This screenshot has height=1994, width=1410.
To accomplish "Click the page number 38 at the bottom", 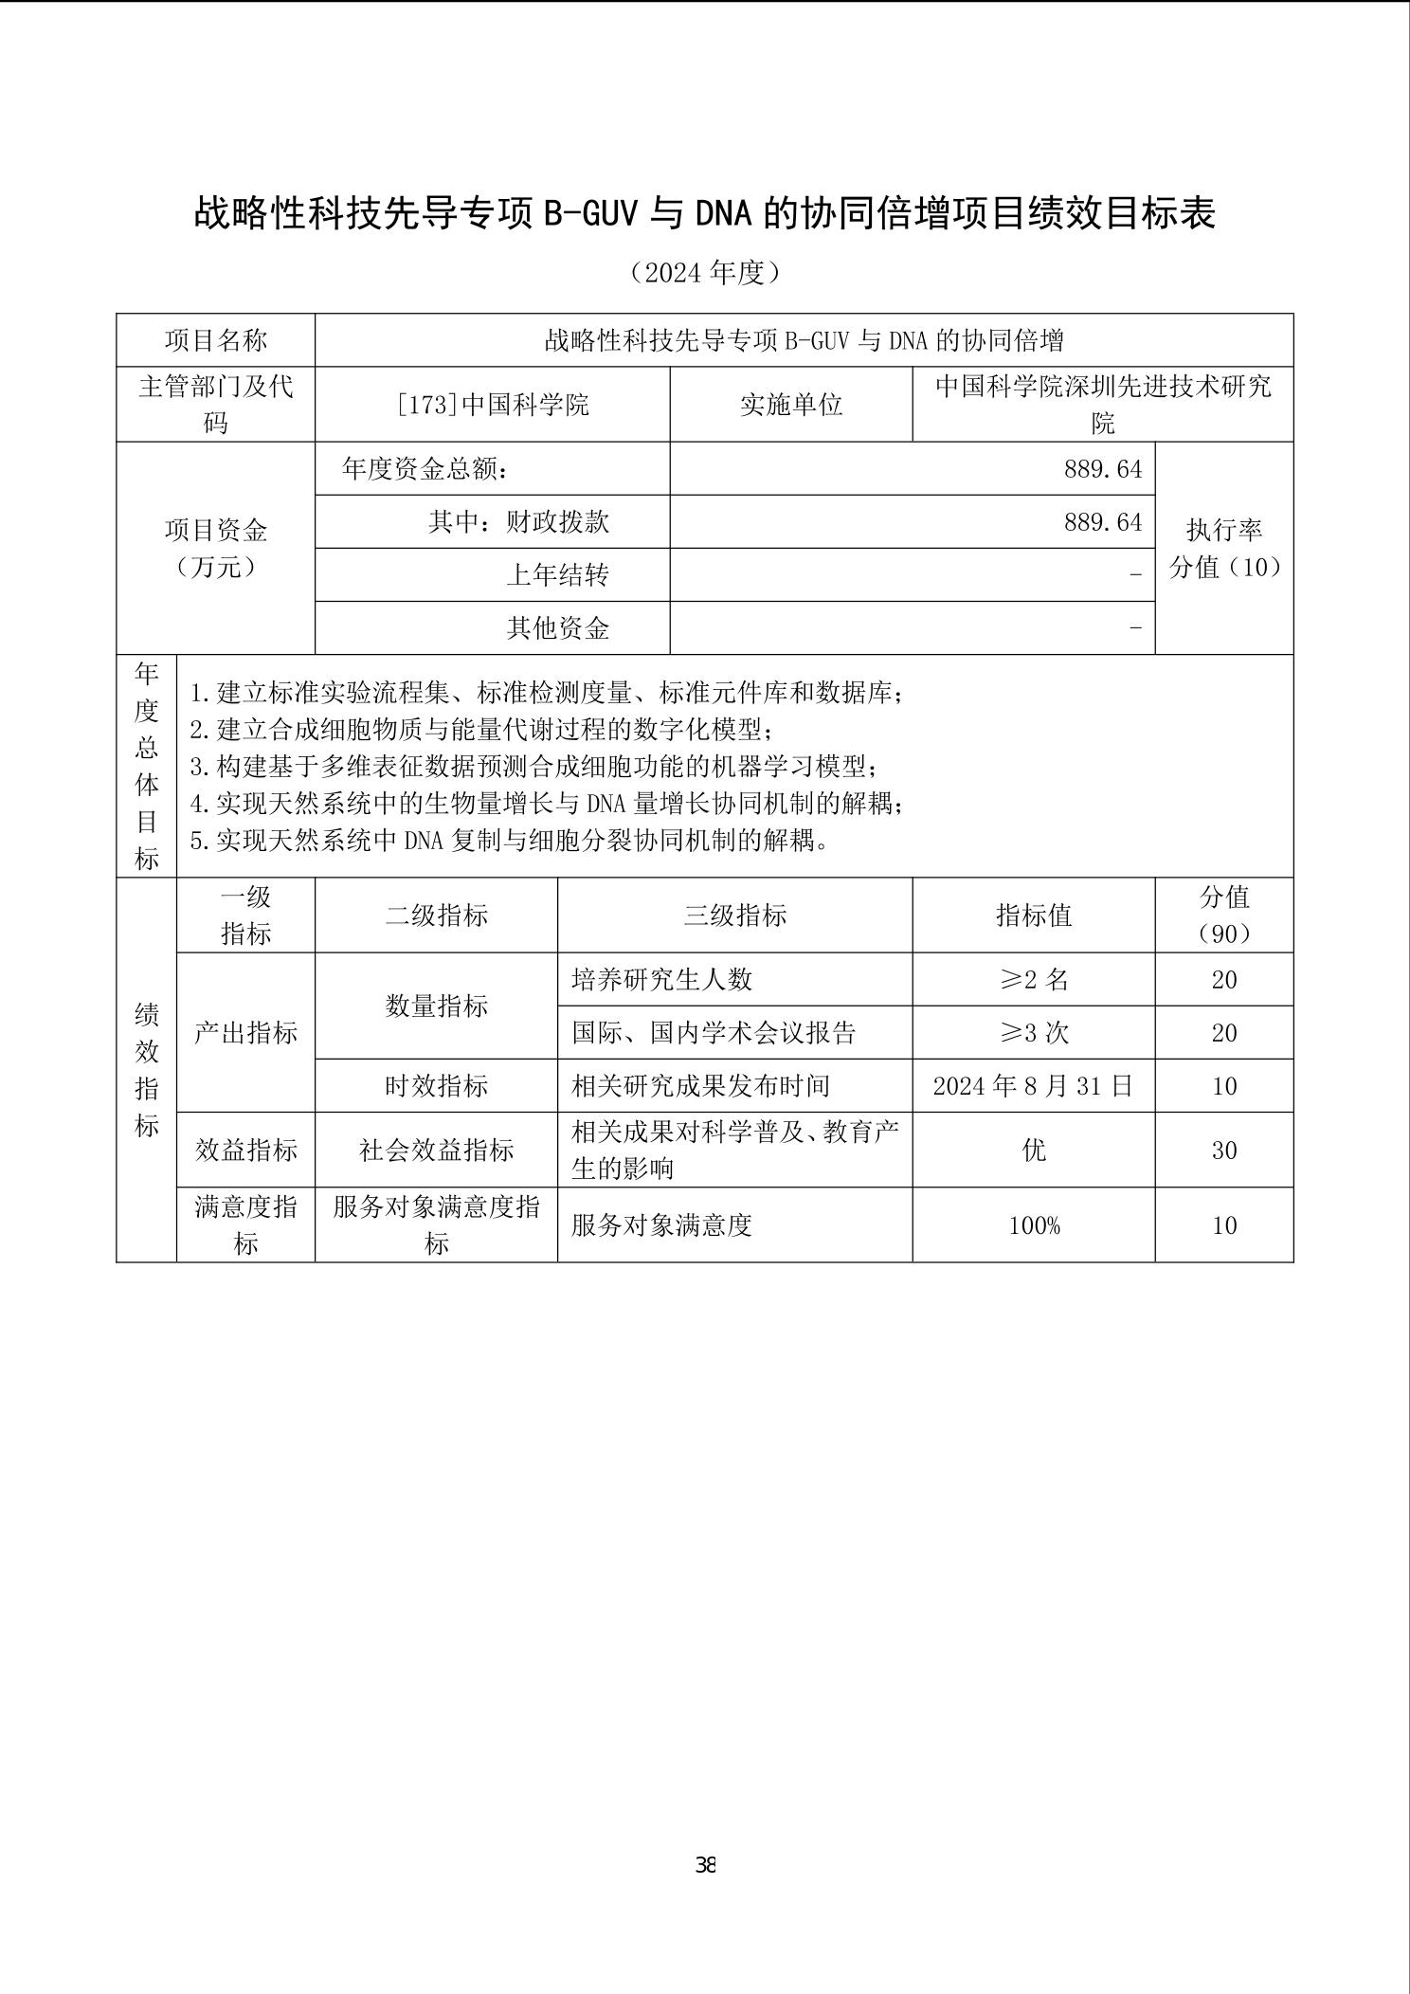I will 705,1865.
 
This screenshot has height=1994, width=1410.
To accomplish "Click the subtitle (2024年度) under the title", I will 705,273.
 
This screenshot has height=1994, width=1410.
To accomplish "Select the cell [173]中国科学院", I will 492,405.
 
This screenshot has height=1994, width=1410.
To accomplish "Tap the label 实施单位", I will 790,405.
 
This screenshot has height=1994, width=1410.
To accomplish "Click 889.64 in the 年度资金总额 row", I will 1102,469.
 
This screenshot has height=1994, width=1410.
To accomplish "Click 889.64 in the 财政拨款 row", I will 1102,522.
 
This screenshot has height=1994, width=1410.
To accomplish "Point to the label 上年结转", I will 556,575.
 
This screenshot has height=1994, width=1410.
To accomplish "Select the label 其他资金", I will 556,628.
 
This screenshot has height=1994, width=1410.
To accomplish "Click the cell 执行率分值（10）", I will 1224,548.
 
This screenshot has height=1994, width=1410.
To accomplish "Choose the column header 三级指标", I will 734,915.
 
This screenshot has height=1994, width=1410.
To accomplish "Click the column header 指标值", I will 1033,915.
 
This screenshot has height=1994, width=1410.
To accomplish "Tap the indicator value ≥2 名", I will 1033,980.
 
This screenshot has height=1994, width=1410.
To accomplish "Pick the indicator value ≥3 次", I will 1033,1033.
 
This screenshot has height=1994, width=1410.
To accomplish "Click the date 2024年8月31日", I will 1033,1086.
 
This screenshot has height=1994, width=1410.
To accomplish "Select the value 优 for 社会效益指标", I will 1033,1150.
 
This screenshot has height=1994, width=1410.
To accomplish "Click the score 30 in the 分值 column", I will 1224,1150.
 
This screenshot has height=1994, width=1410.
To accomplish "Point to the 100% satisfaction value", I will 1033,1225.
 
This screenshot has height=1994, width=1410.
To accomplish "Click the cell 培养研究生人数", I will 661,980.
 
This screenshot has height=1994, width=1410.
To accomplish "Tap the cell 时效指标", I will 436,1086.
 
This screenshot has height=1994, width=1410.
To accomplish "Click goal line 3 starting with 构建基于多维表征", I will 533,767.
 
